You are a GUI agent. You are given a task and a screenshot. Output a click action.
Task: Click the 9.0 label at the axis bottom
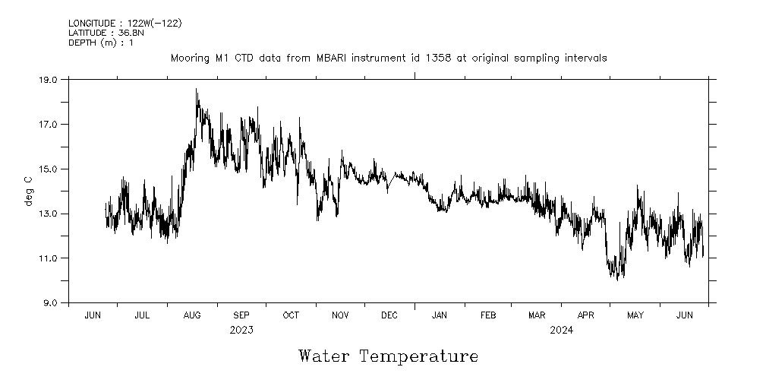(49, 303)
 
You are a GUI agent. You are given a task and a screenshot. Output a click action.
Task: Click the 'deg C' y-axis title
(29, 191)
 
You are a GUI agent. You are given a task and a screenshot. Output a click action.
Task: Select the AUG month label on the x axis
(192, 315)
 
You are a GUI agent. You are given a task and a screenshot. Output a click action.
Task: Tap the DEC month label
(389, 315)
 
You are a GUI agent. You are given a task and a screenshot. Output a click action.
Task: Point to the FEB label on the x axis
(488, 315)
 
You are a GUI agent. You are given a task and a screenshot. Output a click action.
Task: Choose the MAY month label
(635, 315)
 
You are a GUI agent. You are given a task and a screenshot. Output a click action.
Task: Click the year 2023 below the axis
(241, 331)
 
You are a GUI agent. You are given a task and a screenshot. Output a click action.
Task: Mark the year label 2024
(562, 331)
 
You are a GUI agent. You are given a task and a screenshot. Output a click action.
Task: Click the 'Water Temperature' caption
(388, 356)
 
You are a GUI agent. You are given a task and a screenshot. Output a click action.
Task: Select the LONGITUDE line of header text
(125, 24)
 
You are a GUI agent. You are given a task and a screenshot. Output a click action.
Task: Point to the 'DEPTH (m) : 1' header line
(101, 43)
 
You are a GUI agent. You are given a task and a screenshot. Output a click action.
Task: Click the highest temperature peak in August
(196, 90)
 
